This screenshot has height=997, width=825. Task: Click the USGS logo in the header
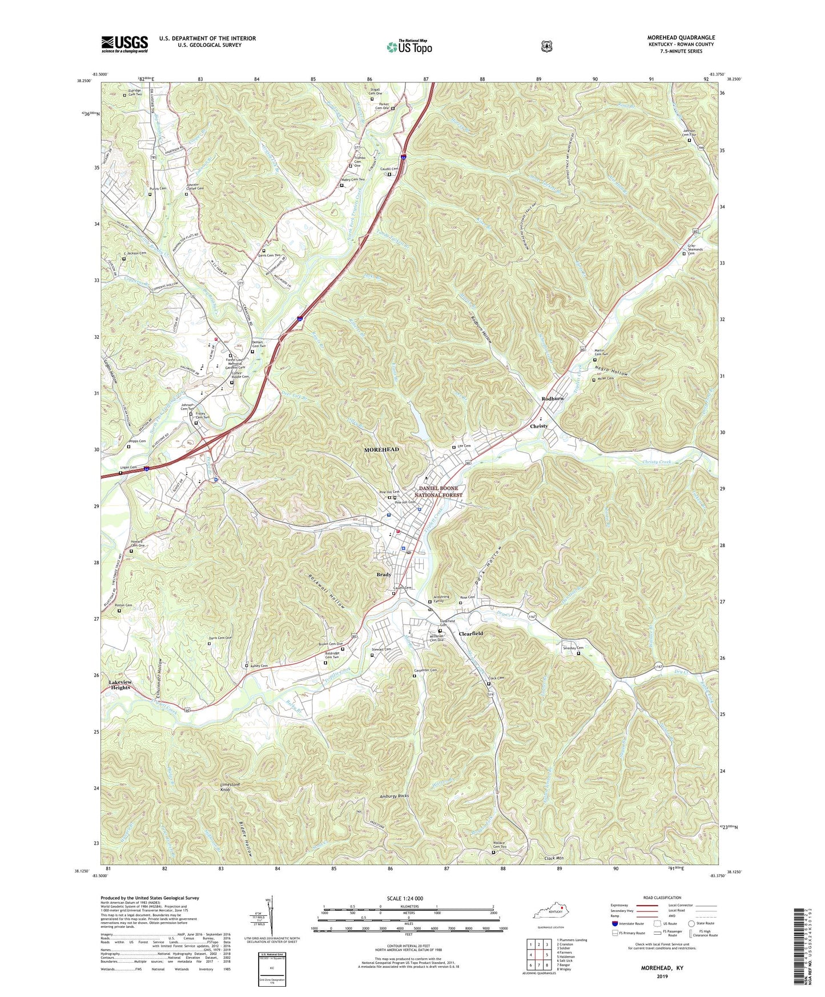pos(124,43)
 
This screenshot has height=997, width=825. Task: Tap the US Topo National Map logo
pos(409,47)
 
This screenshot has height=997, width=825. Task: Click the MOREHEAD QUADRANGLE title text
pos(681,38)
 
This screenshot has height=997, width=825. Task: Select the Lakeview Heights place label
pos(120,685)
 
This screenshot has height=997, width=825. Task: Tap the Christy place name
pos(538,426)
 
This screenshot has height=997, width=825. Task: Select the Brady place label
pos(384,574)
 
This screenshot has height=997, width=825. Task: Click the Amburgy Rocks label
pos(395,796)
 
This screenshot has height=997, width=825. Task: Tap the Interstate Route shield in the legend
pos(614,923)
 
